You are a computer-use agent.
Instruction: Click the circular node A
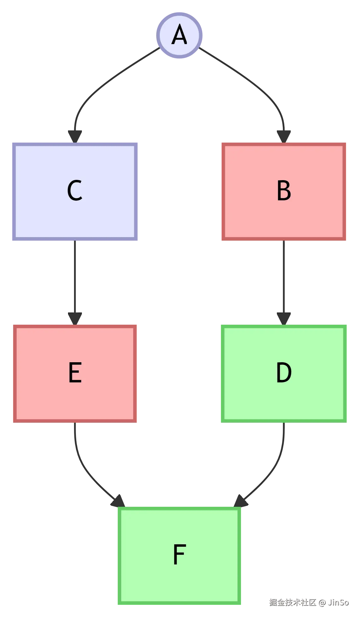click(x=180, y=35)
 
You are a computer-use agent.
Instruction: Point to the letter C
click(x=75, y=191)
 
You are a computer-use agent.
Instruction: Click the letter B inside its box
click(x=284, y=191)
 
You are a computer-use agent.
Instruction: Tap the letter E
click(x=75, y=373)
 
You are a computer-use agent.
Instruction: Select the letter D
click(x=284, y=373)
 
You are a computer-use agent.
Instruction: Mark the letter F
click(x=179, y=555)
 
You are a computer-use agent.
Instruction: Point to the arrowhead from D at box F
click(x=240, y=501)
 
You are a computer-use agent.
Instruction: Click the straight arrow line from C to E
click(x=75, y=277)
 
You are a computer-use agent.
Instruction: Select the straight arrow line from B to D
click(x=284, y=277)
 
